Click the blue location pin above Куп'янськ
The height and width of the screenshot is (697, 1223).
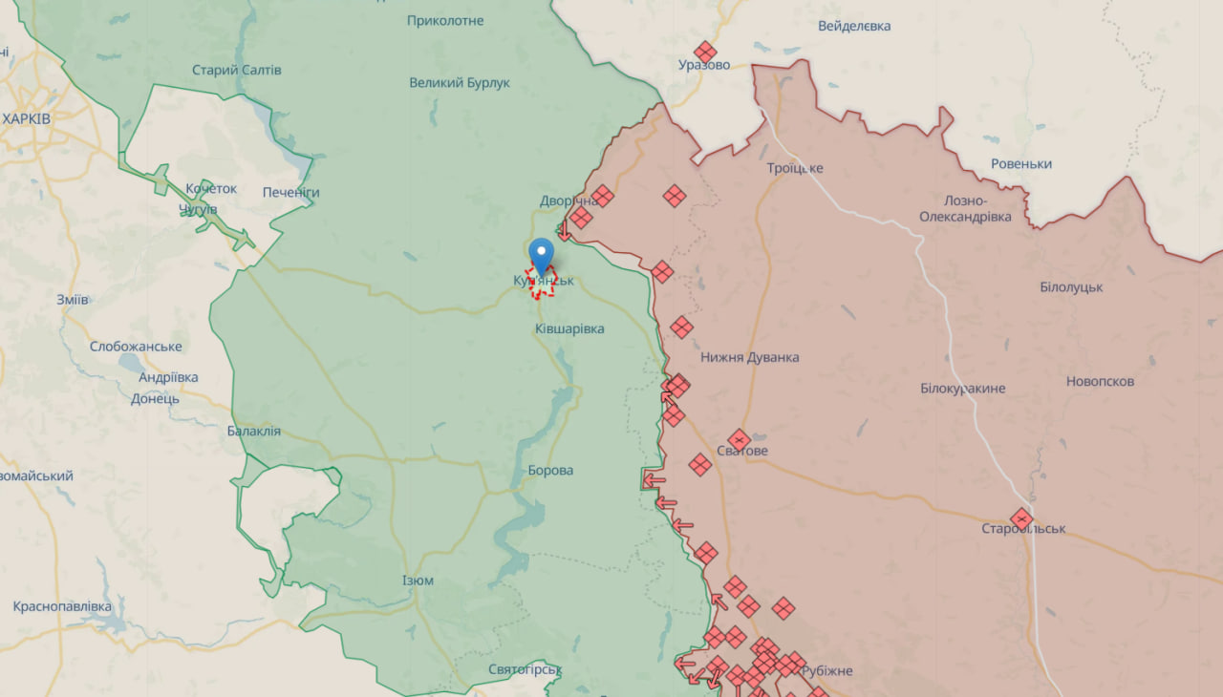(542, 255)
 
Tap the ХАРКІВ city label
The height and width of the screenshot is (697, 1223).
(27, 118)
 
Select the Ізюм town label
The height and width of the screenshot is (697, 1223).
(418, 581)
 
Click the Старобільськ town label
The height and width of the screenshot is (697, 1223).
(1023, 529)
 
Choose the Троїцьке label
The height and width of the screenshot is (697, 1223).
(794, 168)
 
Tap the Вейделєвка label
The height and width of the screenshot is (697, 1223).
(854, 26)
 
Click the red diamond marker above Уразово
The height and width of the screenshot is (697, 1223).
(705, 52)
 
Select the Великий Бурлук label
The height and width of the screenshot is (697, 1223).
(460, 83)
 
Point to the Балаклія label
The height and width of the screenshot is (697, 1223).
(254, 431)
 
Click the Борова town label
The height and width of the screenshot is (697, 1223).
(550, 470)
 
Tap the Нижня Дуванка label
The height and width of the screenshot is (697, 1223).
(749, 357)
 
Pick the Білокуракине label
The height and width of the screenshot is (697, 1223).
(963, 389)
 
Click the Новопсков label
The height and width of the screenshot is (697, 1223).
(1100, 381)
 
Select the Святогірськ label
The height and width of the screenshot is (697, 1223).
(525, 669)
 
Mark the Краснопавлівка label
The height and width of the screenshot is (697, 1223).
(62, 606)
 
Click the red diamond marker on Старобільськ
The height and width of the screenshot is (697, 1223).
(1021, 518)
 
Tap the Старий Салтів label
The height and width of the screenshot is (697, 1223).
(236, 70)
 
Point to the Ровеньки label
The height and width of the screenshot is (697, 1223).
(1021, 163)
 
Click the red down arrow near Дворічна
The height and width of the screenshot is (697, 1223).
(565, 231)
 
